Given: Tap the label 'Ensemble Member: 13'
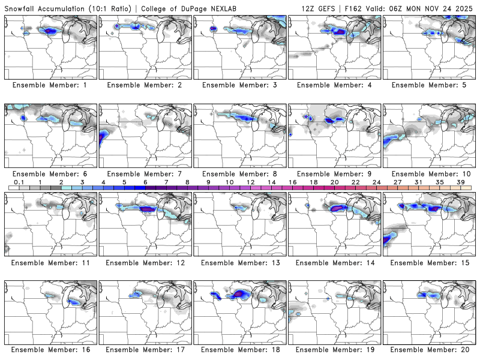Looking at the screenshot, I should (240, 263).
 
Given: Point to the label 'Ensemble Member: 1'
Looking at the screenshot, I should (51, 85).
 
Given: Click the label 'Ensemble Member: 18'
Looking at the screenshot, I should (240, 349).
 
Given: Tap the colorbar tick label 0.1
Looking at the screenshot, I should (19, 182).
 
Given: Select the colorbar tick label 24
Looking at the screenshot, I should (377, 182).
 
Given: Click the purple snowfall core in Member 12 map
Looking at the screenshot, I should (146, 209).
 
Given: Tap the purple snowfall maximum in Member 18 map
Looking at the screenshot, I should (241, 293).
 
